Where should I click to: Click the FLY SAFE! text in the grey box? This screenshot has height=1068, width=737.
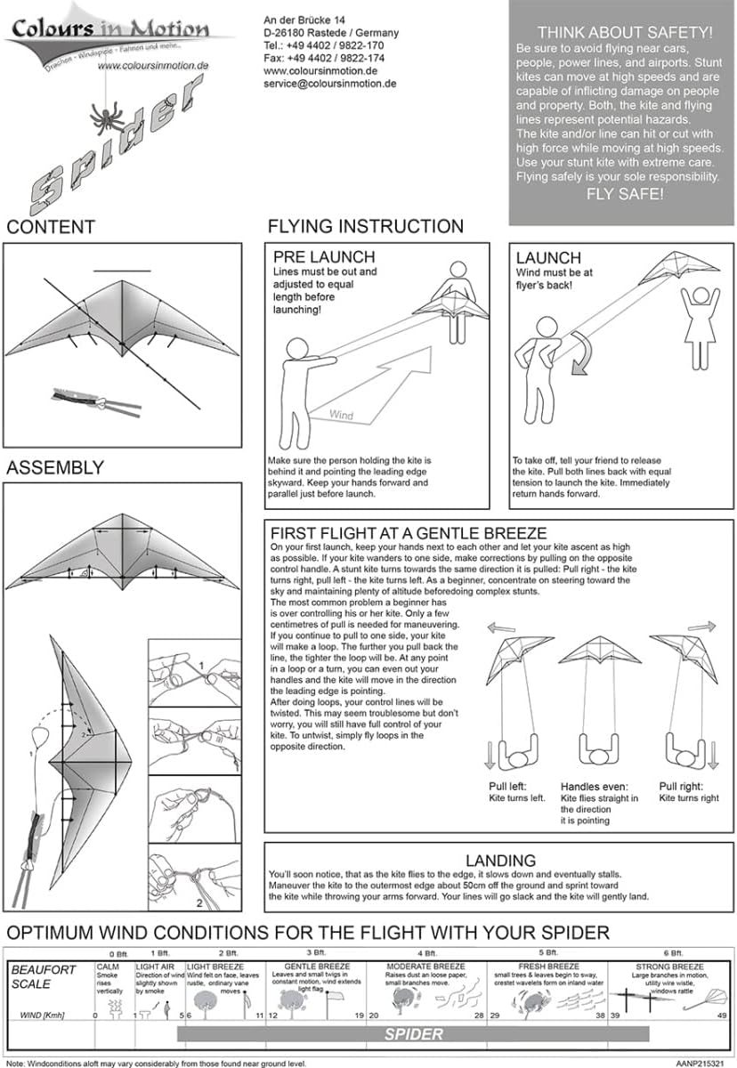(x=624, y=193)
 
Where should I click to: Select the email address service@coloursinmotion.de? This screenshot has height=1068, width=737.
(x=330, y=84)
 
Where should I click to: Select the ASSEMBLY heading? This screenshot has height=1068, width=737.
(x=55, y=467)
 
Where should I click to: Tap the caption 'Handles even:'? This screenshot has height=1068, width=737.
(x=597, y=787)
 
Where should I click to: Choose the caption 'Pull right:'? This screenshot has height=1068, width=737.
(x=682, y=787)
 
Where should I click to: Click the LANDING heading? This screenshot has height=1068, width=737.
(x=500, y=861)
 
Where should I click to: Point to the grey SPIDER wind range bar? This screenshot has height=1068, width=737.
(x=413, y=1034)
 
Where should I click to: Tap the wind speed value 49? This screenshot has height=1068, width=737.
(x=722, y=1015)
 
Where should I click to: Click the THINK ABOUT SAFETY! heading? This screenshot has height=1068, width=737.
(x=624, y=33)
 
